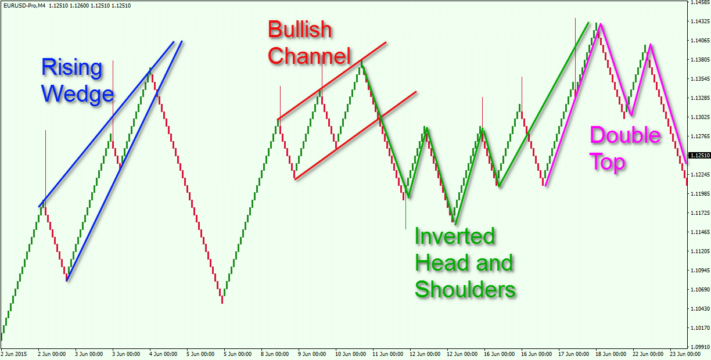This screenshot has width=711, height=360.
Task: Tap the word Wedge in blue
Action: pos(77,93)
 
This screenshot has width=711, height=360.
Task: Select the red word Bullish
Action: pos(300,30)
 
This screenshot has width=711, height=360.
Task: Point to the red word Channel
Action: pos(309,56)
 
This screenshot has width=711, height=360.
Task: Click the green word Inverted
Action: pos(455,236)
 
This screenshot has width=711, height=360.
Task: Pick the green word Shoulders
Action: pos(465,289)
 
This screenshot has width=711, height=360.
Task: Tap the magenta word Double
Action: pos(625,135)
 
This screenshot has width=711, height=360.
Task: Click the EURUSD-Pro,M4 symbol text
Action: pos(24,6)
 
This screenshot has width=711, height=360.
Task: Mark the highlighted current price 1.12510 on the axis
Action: pos(699,156)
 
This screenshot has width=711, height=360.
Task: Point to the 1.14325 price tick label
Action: pos(700,21)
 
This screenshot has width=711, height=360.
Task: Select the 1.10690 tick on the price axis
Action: pos(700,290)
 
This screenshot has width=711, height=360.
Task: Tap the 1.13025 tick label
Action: pos(700,117)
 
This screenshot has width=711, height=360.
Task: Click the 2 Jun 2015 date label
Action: pos(13,354)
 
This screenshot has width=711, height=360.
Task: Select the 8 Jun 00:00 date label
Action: pos(275,354)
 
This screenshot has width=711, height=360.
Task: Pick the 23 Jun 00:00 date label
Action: pos(685,354)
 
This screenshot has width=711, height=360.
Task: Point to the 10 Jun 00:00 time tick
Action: pos(350,354)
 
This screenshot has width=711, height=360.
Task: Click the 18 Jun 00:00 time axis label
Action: pos(611,354)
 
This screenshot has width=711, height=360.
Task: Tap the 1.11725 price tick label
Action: pos(700,213)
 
